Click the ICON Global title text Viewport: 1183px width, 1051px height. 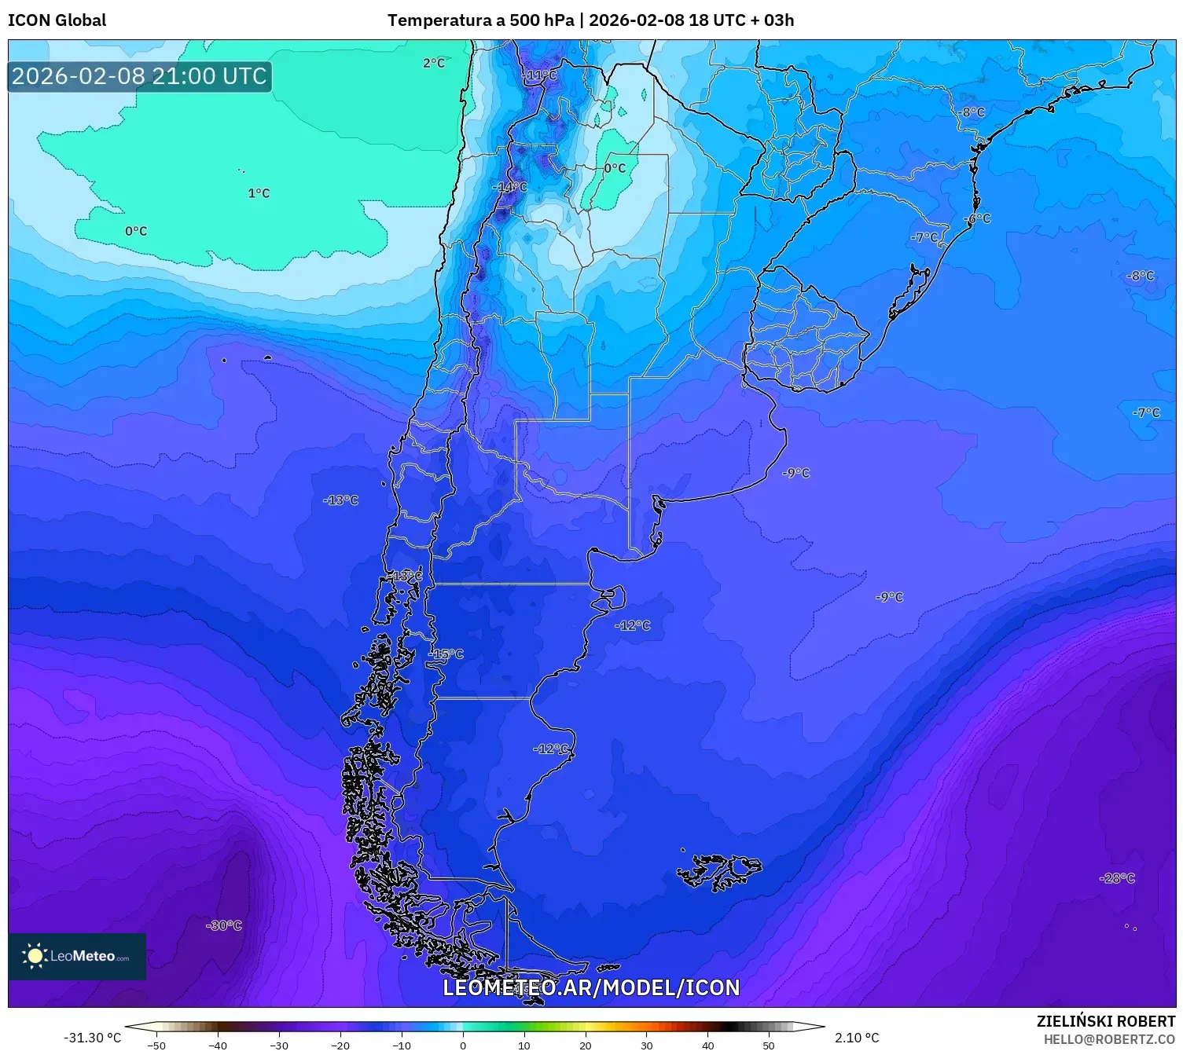coord(57,20)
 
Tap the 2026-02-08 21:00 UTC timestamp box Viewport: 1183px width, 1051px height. coord(139,76)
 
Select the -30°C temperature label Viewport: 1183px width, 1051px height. coord(224,925)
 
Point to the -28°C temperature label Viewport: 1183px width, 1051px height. coord(1117,878)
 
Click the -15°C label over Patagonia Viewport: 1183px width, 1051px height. coord(446,654)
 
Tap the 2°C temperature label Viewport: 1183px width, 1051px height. coord(433,63)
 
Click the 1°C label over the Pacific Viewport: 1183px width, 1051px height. coord(259,193)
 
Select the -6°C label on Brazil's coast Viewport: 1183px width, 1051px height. coord(978,218)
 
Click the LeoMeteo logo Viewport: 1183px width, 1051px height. coord(77,956)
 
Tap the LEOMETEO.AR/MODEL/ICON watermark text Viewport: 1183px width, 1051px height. coord(591,987)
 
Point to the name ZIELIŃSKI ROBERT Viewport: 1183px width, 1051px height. coord(1106,1021)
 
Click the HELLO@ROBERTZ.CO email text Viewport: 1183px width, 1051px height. coord(1109,1039)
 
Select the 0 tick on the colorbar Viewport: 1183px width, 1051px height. coord(463,1045)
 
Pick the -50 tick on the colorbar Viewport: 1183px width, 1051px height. coord(156,1045)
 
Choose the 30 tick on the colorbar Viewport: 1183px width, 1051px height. coord(646,1045)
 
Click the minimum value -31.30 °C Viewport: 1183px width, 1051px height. coord(92,1038)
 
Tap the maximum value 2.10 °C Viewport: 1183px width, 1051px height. coord(857,1038)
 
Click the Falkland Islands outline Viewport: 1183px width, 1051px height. coord(719,870)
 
